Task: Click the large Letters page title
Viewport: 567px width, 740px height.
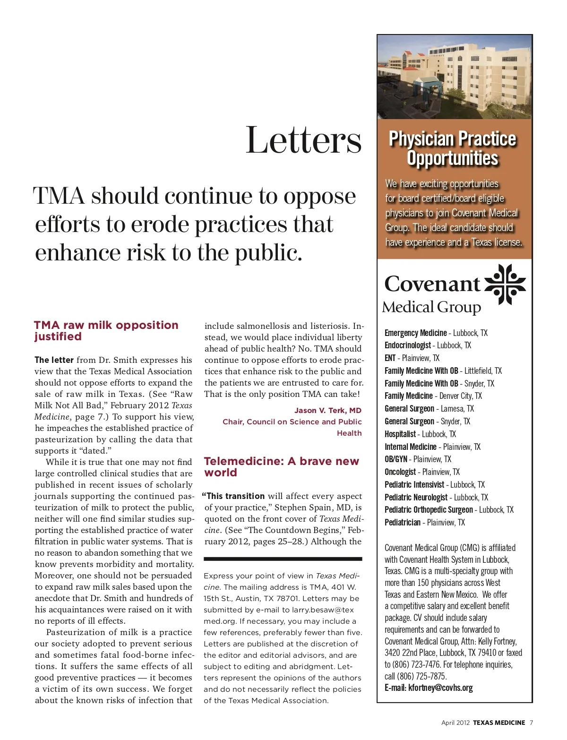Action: (x=303, y=140)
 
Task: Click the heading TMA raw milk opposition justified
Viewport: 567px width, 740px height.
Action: (x=106, y=331)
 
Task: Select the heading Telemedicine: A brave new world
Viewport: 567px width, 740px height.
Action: (x=281, y=467)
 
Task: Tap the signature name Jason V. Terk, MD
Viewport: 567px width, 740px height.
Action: (x=327, y=410)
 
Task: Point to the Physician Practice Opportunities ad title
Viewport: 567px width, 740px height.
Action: (x=452, y=148)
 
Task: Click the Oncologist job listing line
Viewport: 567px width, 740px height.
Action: (x=422, y=472)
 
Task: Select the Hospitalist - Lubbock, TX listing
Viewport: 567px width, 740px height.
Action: (x=420, y=434)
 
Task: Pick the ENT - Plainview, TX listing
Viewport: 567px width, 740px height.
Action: (x=412, y=358)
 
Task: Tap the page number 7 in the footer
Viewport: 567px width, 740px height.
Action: (x=531, y=723)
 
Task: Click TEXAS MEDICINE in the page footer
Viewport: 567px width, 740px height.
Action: (x=499, y=723)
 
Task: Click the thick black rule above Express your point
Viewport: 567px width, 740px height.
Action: (x=283, y=559)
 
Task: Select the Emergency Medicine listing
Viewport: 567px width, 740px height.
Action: (x=436, y=333)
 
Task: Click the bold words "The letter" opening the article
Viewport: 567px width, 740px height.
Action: (x=54, y=360)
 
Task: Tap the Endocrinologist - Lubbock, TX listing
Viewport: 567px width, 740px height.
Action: (x=428, y=345)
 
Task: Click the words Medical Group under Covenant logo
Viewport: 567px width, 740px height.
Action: (x=431, y=307)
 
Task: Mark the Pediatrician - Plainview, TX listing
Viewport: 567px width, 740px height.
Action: (x=424, y=522)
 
